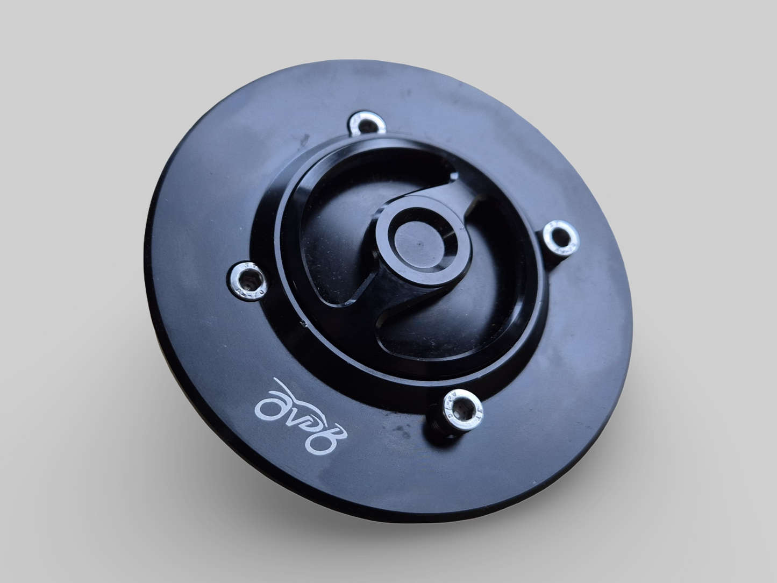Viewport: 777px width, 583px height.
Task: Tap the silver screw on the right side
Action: (x=559, y=235)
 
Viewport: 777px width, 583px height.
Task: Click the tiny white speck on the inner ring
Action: (x=304, y=324)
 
